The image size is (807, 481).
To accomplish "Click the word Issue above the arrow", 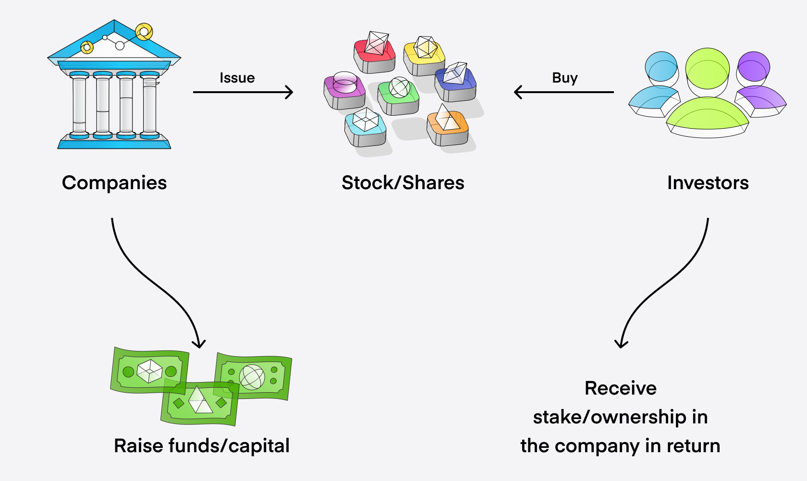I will click(x=237, y=78).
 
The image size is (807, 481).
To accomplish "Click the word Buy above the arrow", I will click(x=564, y=78).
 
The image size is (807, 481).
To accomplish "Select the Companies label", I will click(x=114, y=183).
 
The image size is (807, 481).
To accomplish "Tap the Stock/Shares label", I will click(x=403, y=183).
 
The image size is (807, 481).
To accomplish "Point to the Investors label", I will click(x=708, y=183).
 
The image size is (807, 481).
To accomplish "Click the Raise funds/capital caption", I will click(x=202, y=446).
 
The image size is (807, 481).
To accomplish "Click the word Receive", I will click(x=620, y=388).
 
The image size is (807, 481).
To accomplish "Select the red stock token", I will click(x=375, y=53).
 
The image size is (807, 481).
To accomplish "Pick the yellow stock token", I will click(x=424, y=55).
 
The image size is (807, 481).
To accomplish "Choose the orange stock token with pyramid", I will click(x=447, y=126).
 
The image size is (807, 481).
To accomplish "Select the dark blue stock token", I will click(x=455, y=82).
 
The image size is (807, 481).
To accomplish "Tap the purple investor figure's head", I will click(x=754, y=66).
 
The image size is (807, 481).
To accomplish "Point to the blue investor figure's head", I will click(x=661, y=66).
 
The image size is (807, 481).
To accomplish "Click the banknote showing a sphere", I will click(x=253, y=377).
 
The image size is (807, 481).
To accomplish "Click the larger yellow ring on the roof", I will click(x=144, y=32).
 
